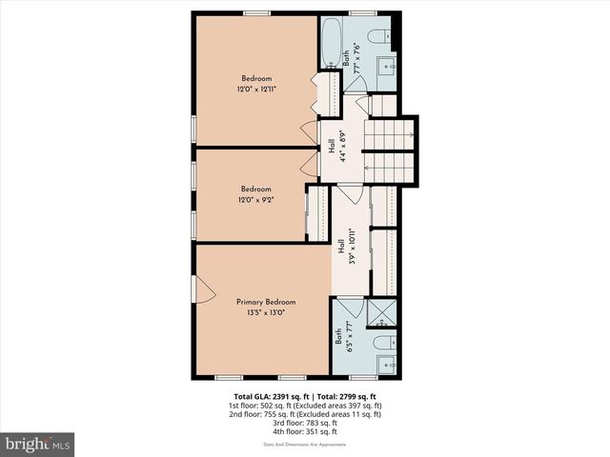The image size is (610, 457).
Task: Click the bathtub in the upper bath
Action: coord(330,42)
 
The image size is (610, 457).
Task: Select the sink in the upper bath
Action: coord(387,66)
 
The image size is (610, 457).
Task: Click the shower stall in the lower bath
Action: coord(380,312)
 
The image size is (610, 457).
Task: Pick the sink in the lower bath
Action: coord(386,364)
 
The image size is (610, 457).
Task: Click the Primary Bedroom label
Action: coord(260,302)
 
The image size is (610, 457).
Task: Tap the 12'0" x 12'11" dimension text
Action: coord(255,89)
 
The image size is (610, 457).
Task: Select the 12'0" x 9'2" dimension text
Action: coord(255,199)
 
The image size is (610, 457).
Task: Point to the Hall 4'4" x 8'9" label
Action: coord(335,149)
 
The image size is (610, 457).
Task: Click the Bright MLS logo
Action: coord(38,444)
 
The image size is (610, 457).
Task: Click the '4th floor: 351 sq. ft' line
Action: coord(306,431)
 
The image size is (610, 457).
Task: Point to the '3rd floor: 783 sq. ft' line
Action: coord(306,423)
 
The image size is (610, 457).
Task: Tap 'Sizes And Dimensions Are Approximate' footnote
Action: coord(305,445)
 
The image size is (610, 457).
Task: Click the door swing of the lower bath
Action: coord(348,309)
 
